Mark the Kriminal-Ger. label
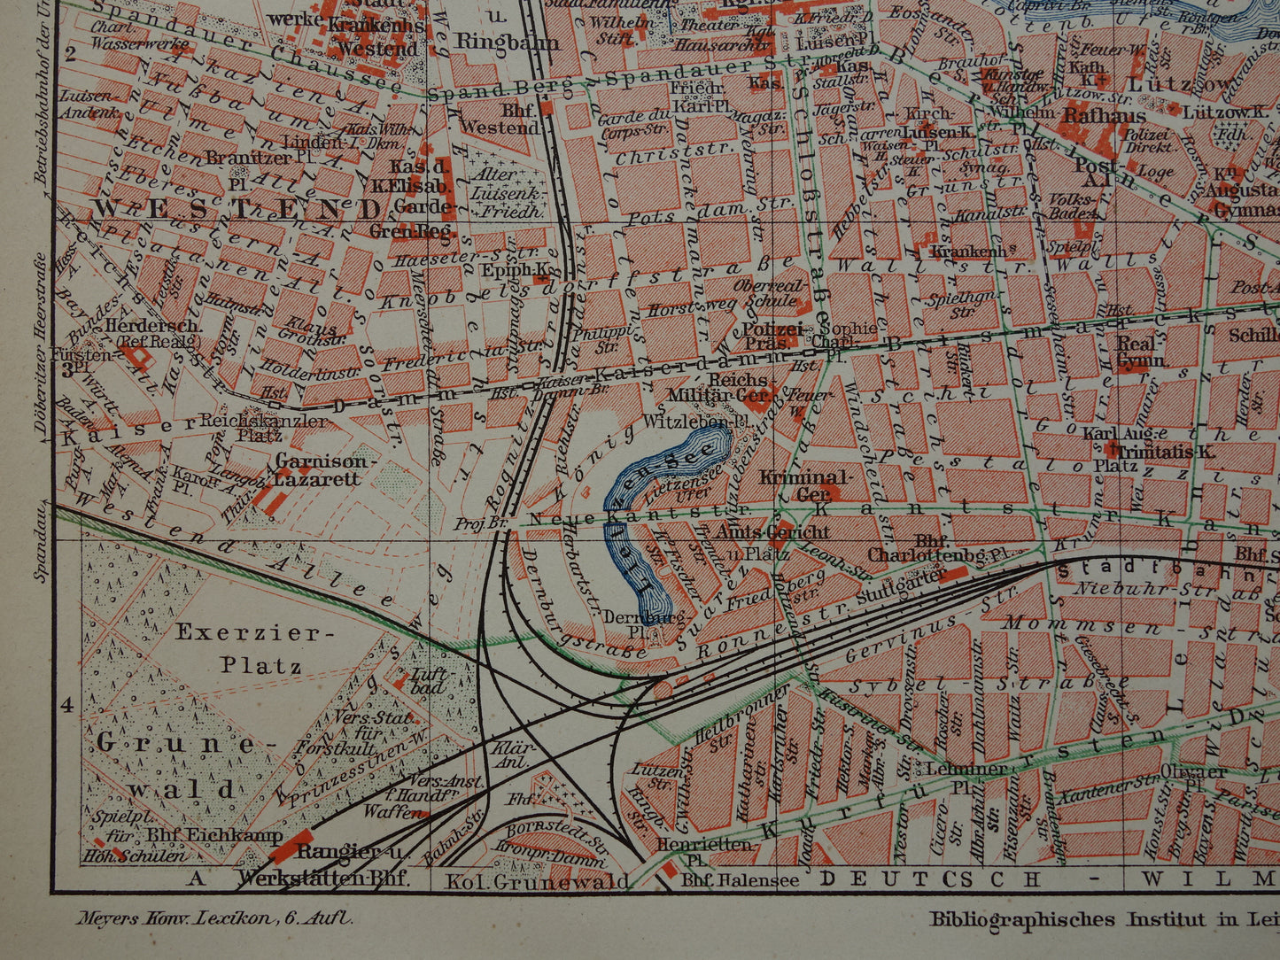805,485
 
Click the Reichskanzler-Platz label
264,428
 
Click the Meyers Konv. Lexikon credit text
203,918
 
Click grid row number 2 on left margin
66,50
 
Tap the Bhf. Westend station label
508,119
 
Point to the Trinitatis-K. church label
1159,451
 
